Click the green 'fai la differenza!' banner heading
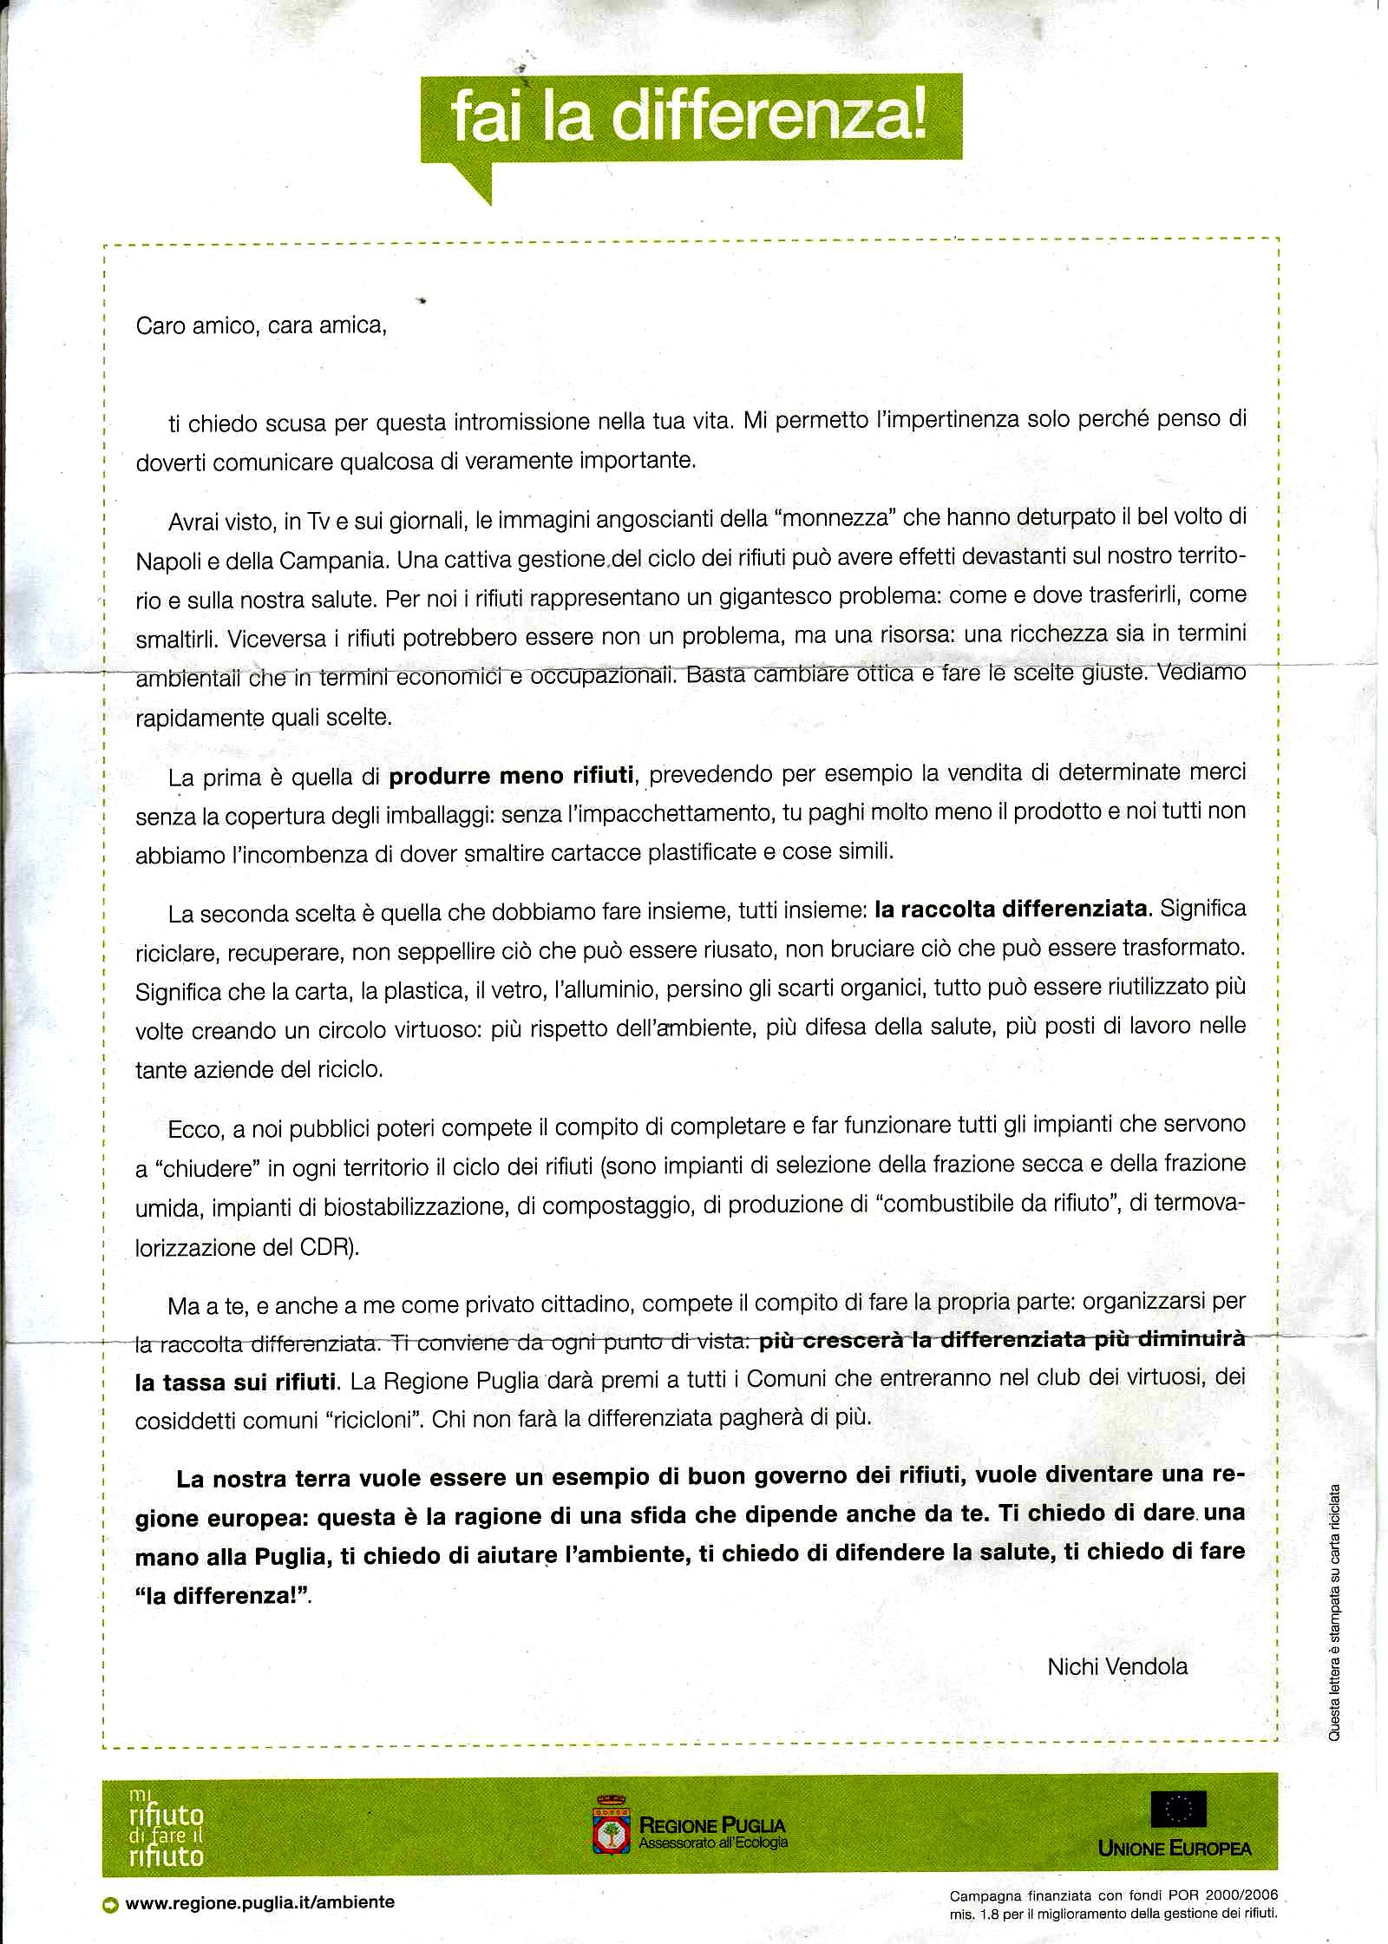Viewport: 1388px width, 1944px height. tap(691, 119)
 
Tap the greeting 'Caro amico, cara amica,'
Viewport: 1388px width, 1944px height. tap(261, 325)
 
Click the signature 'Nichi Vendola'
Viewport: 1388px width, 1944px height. tap(1117, 1666)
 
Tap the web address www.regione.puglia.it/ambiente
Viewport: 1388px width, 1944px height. tap(259, 1902)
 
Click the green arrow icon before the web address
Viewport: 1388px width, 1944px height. tap(110, 1903)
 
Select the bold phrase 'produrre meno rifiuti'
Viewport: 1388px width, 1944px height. tap(512, 774)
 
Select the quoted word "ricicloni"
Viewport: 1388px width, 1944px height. tap(373, 1420)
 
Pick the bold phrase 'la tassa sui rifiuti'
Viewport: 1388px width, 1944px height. tap(235, 1381)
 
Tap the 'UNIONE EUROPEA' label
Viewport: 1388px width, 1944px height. tap(1175, 1849)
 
